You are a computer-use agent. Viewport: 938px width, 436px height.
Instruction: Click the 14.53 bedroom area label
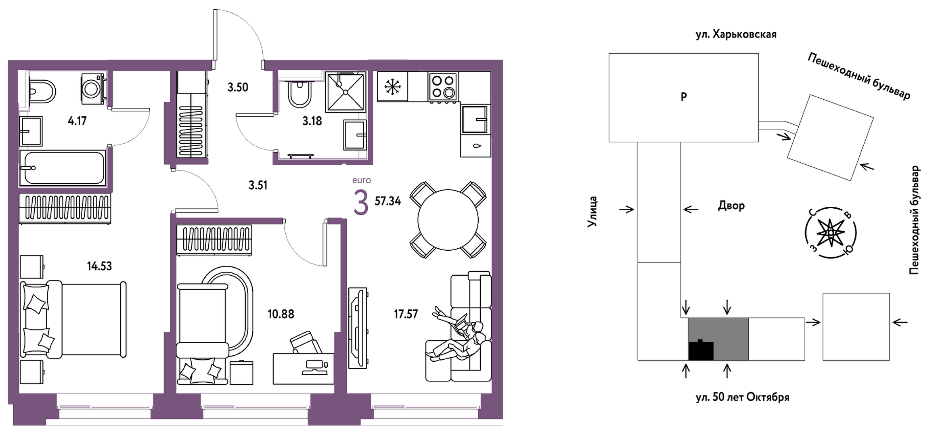[x=99, y=266]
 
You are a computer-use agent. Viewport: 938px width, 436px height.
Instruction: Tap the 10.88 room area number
[x=281, y=314]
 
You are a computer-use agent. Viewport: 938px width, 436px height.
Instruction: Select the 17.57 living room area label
[x=406, y=314]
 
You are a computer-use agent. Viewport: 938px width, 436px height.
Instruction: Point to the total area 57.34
[x=388, y=201]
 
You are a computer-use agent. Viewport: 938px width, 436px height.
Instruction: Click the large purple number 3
[x=361, y=203]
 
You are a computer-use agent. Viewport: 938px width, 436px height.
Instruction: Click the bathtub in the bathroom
[x=63, y=168]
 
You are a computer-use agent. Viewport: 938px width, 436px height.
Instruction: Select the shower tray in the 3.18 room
[x=345, y=91]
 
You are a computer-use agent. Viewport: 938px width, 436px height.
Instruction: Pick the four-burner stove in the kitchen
[x=443, y=87]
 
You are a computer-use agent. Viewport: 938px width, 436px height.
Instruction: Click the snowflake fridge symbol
[x=392, y=86]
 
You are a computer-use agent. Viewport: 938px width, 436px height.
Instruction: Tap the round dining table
[x=448, y=220]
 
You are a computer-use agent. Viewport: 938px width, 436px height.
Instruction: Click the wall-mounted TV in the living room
[x=358, y=328]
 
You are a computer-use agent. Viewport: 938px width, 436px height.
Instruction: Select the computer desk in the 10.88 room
[x=304, y=369]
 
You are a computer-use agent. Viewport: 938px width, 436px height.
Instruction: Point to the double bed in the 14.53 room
[x=73, y=319]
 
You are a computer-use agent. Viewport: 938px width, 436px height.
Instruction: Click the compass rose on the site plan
[x=831, y=233]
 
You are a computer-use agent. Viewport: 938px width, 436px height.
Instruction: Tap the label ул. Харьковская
[x=736, y=34]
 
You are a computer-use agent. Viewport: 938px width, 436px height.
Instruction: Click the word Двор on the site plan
[x=731, y=205]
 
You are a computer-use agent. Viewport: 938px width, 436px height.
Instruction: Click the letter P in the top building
[x=684, y=97]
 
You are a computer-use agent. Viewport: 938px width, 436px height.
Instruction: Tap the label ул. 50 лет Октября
[x=742, y=397]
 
